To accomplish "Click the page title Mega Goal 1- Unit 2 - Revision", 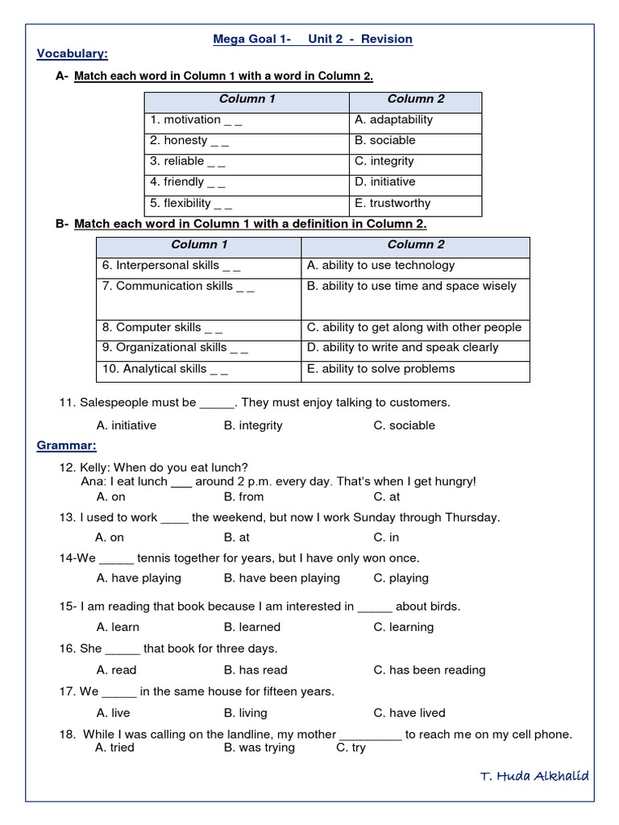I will click(312, 39).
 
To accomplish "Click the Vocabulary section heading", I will click(73, 54).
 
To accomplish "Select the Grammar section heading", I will click(67, 446).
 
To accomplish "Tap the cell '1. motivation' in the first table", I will click(196, 120).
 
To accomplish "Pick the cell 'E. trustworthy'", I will click(393, 203).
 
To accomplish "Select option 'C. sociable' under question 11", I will click(404, 425).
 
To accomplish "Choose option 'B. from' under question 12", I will click(243, 497).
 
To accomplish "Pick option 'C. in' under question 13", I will click(386, 537).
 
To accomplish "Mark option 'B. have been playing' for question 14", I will click(281, 578).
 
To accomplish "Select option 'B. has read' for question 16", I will click(255, 670).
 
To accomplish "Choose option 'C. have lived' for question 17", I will click(409, 713).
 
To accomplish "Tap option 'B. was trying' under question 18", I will click(259, 748).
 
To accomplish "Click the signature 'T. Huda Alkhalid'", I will click(534, 777).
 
